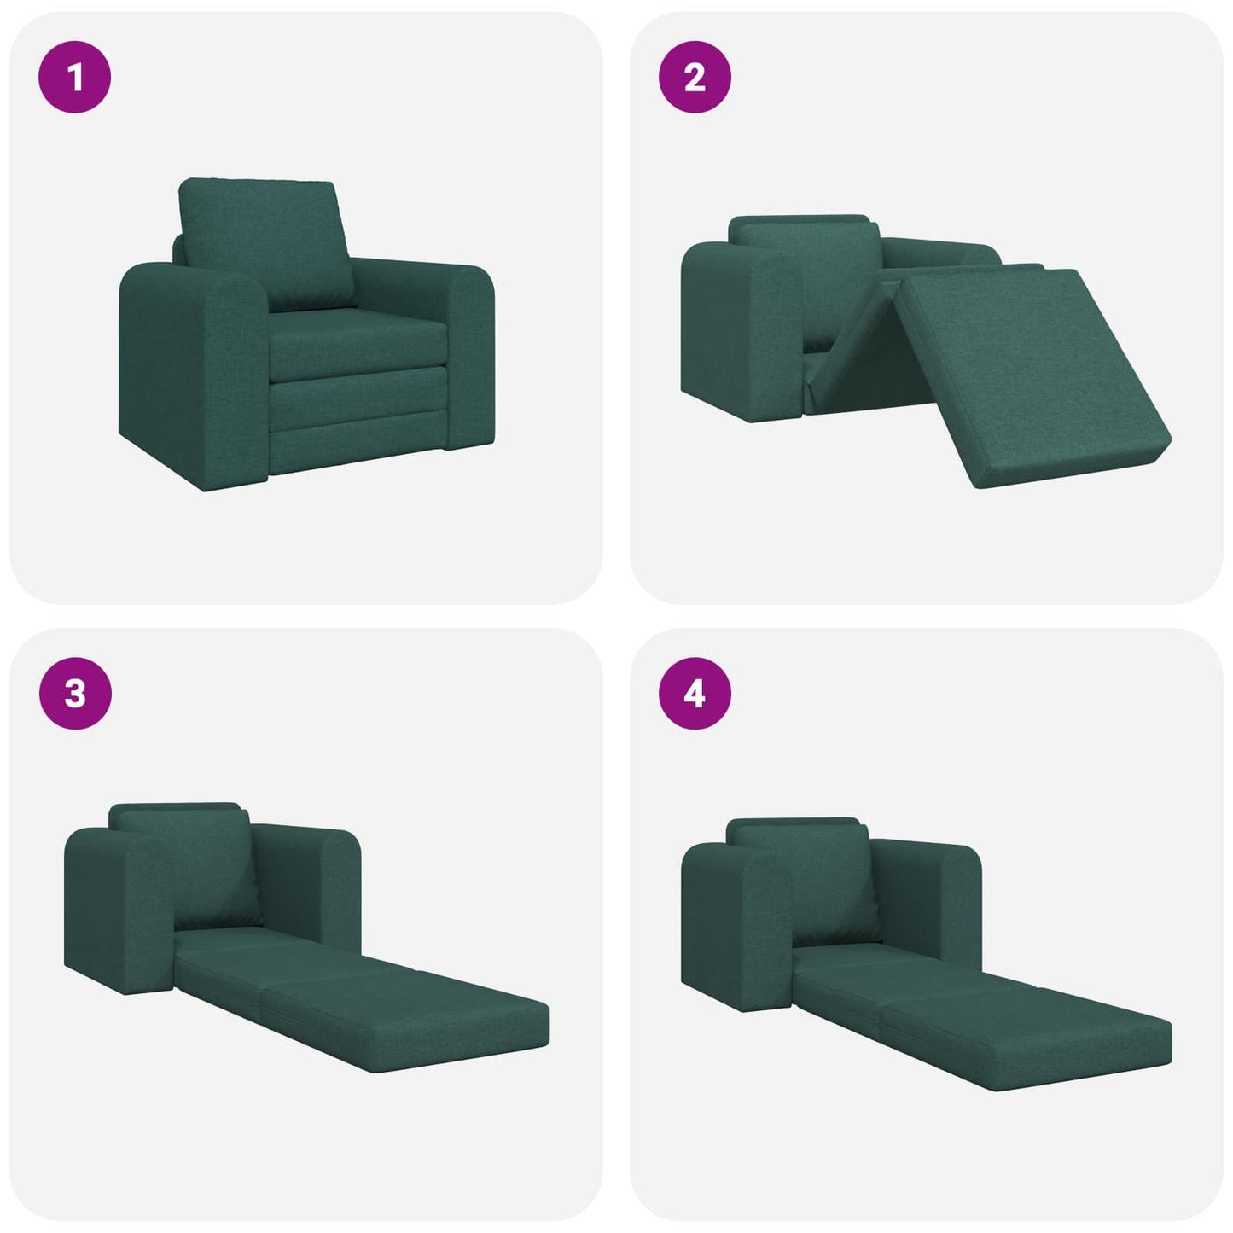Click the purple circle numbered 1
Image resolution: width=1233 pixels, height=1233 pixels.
point(75,77)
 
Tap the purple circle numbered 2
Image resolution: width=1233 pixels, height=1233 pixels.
point(695,77)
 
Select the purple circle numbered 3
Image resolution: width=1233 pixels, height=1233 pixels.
point(75,693)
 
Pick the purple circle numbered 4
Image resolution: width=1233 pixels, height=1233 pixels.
point(695,693)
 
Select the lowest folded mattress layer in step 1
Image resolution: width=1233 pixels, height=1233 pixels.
point(358,435)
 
